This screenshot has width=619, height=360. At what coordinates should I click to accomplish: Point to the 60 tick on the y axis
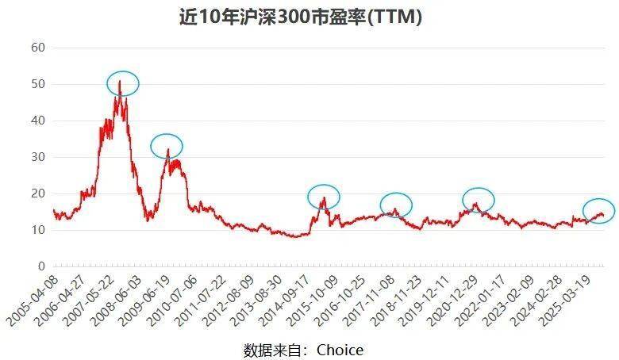(38, 48)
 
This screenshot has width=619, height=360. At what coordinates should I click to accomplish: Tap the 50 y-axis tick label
(38, 85)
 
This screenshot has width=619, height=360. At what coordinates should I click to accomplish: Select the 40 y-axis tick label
(38, 121)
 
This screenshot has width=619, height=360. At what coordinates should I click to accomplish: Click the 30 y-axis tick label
(38, 158)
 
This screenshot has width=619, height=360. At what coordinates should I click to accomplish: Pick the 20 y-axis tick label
(38, 194)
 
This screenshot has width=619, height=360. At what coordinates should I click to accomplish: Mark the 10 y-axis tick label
(38, 231)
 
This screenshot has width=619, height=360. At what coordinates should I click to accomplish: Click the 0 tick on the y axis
(41, 267)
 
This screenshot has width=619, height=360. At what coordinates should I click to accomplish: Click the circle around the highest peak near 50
(123, 83)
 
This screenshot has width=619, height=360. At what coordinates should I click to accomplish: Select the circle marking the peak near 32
(167, 146)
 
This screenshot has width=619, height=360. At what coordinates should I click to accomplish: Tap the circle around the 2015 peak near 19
(324, 196)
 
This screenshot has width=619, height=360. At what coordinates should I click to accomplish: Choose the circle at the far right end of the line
(598, 210)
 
